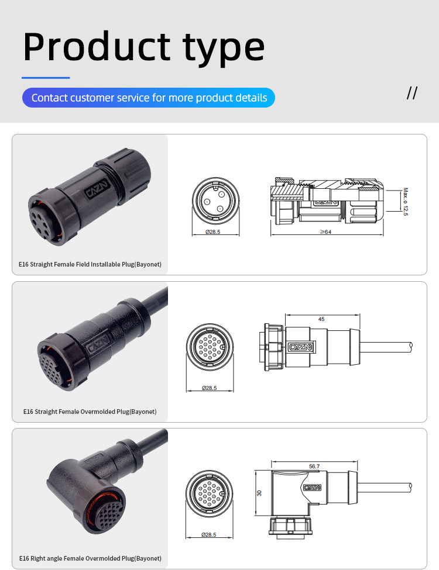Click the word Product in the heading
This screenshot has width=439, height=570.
97,46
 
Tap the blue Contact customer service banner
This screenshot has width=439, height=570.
149,98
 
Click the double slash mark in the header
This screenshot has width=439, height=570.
412,93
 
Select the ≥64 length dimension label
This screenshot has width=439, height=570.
325,232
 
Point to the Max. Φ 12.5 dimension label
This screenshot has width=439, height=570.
405,201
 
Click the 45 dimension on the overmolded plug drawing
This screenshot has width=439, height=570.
321,319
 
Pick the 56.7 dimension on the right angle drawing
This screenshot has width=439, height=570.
314,466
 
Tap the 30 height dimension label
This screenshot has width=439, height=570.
259,493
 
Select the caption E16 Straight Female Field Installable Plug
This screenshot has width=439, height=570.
90,264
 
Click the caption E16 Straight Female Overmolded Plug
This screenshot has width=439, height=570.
90,412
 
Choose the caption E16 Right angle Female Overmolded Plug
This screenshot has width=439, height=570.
90,558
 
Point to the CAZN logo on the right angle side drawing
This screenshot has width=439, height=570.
313,486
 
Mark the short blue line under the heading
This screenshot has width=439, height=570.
46,77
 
